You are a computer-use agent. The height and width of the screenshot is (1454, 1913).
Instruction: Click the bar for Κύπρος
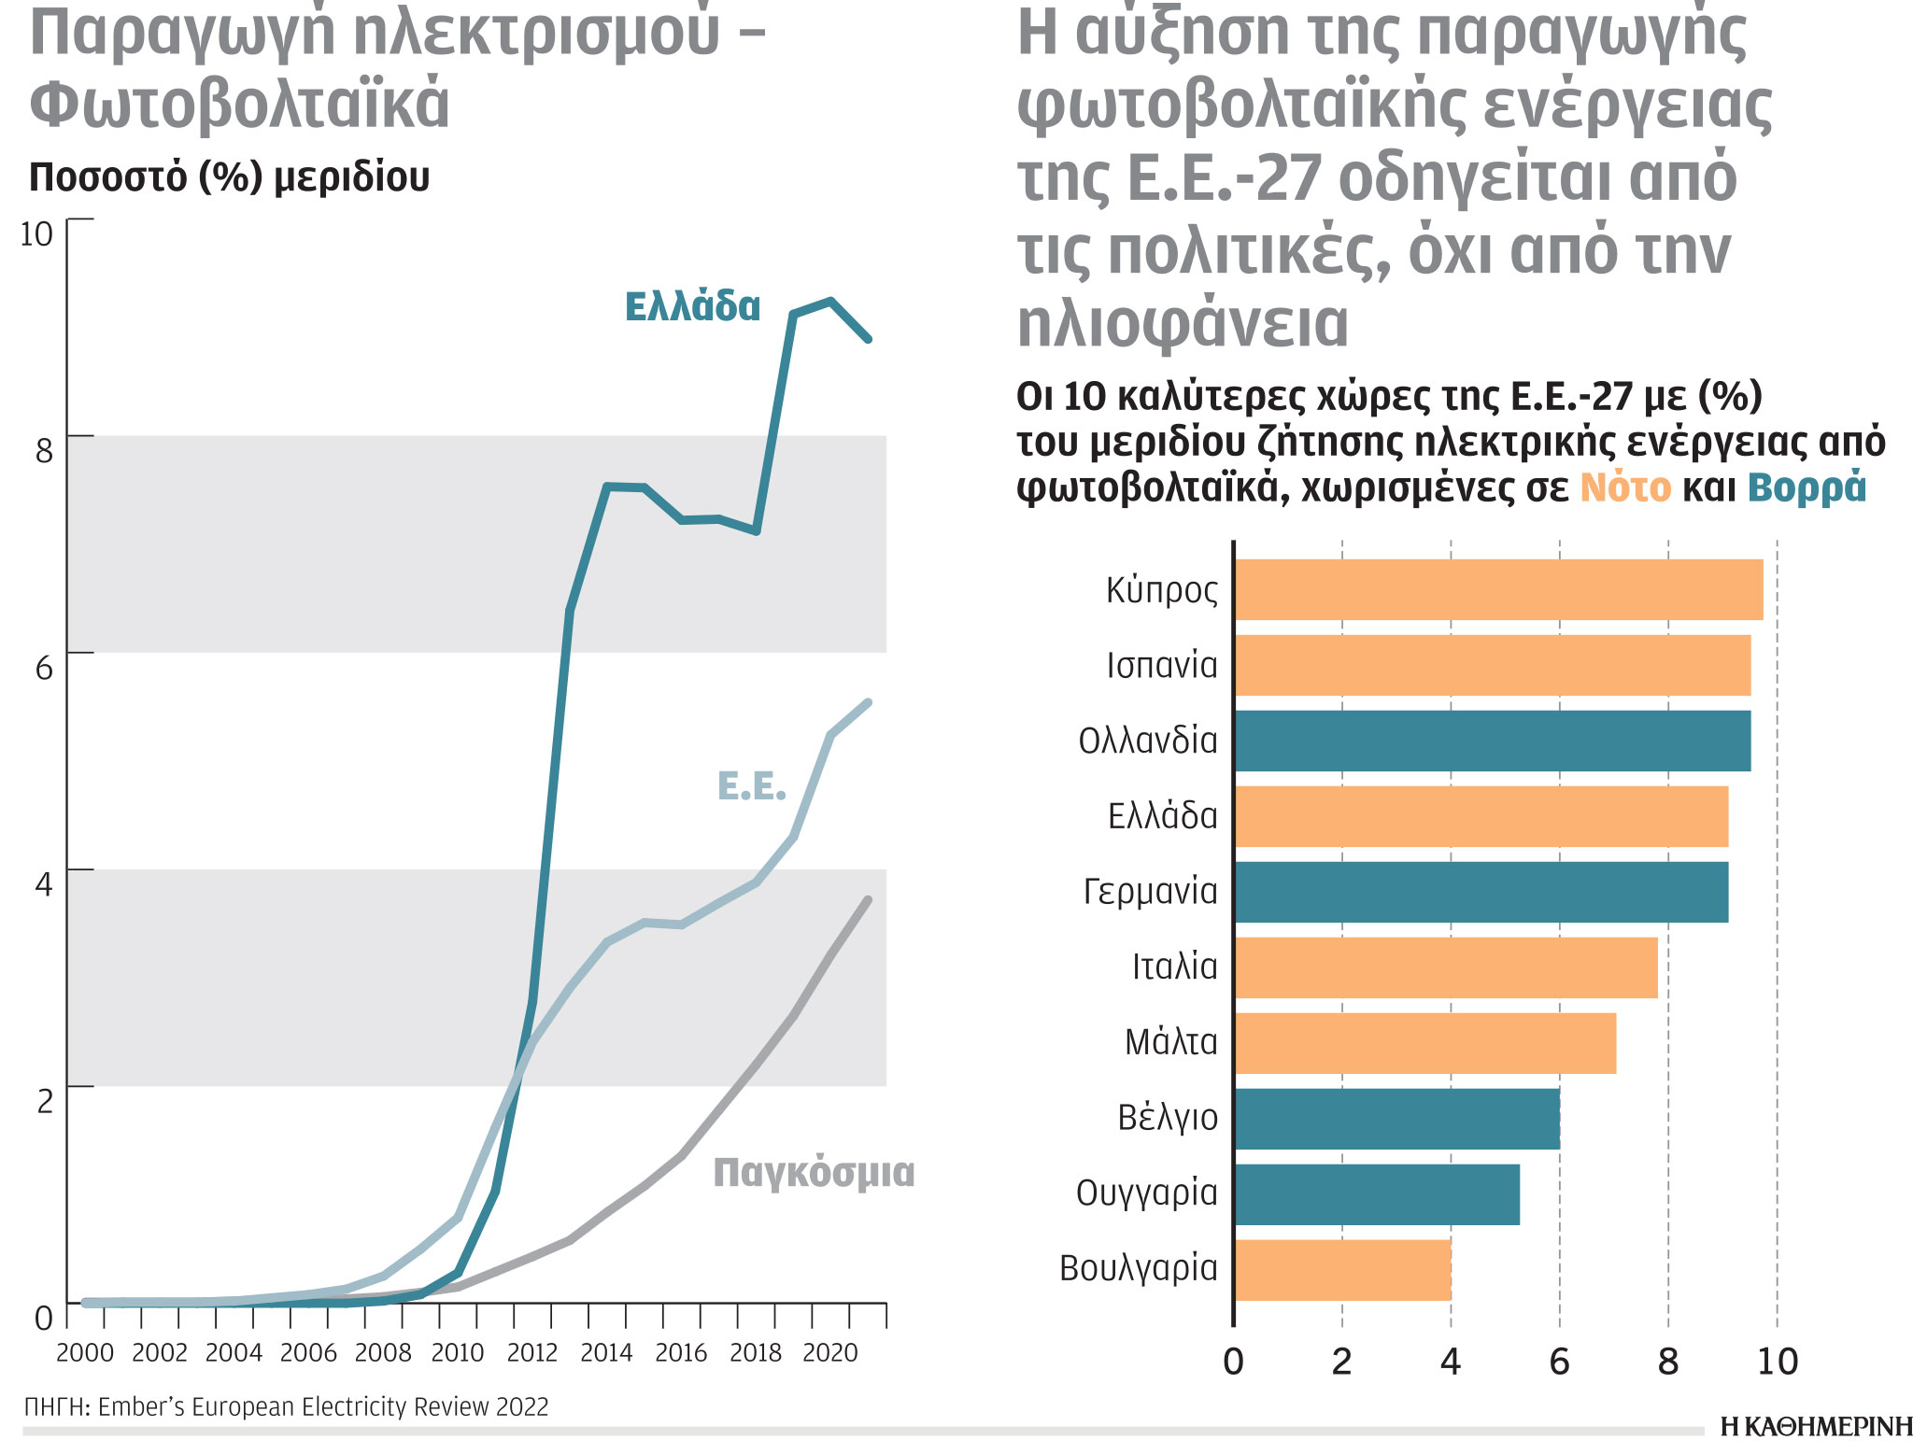1498,589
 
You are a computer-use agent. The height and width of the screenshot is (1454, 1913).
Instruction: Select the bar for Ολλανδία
1492,741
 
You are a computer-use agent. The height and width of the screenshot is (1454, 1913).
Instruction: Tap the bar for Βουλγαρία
1342,1269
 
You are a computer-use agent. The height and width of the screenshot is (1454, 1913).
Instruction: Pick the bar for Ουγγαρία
1376,1193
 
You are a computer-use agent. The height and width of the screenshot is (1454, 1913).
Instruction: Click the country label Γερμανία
1150,892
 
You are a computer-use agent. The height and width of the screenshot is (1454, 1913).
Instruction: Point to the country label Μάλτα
1170,1042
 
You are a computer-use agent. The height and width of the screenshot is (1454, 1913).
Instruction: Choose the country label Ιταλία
1174,967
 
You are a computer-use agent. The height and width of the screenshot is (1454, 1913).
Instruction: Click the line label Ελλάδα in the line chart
692,307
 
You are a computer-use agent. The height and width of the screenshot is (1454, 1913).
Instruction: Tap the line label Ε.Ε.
751,787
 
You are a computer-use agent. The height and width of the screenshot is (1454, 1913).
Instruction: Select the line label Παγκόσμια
813,1173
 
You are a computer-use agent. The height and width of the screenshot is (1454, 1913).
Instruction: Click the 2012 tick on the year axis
531,1353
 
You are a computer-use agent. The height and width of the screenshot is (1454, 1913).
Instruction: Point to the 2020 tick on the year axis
829,1353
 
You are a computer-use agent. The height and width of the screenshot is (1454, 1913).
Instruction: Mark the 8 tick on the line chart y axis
44,451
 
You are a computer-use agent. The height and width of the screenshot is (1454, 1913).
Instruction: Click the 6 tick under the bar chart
1559,1362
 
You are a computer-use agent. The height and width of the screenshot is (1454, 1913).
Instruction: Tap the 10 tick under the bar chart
1777,1362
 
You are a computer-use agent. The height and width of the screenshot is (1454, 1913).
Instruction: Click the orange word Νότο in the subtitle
1624,487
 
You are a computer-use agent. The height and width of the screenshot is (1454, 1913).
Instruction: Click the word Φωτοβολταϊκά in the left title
240,104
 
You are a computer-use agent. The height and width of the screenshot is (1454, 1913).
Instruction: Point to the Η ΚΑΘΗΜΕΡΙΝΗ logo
1815,1427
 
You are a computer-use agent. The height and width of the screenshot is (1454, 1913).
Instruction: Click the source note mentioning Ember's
287,1406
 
